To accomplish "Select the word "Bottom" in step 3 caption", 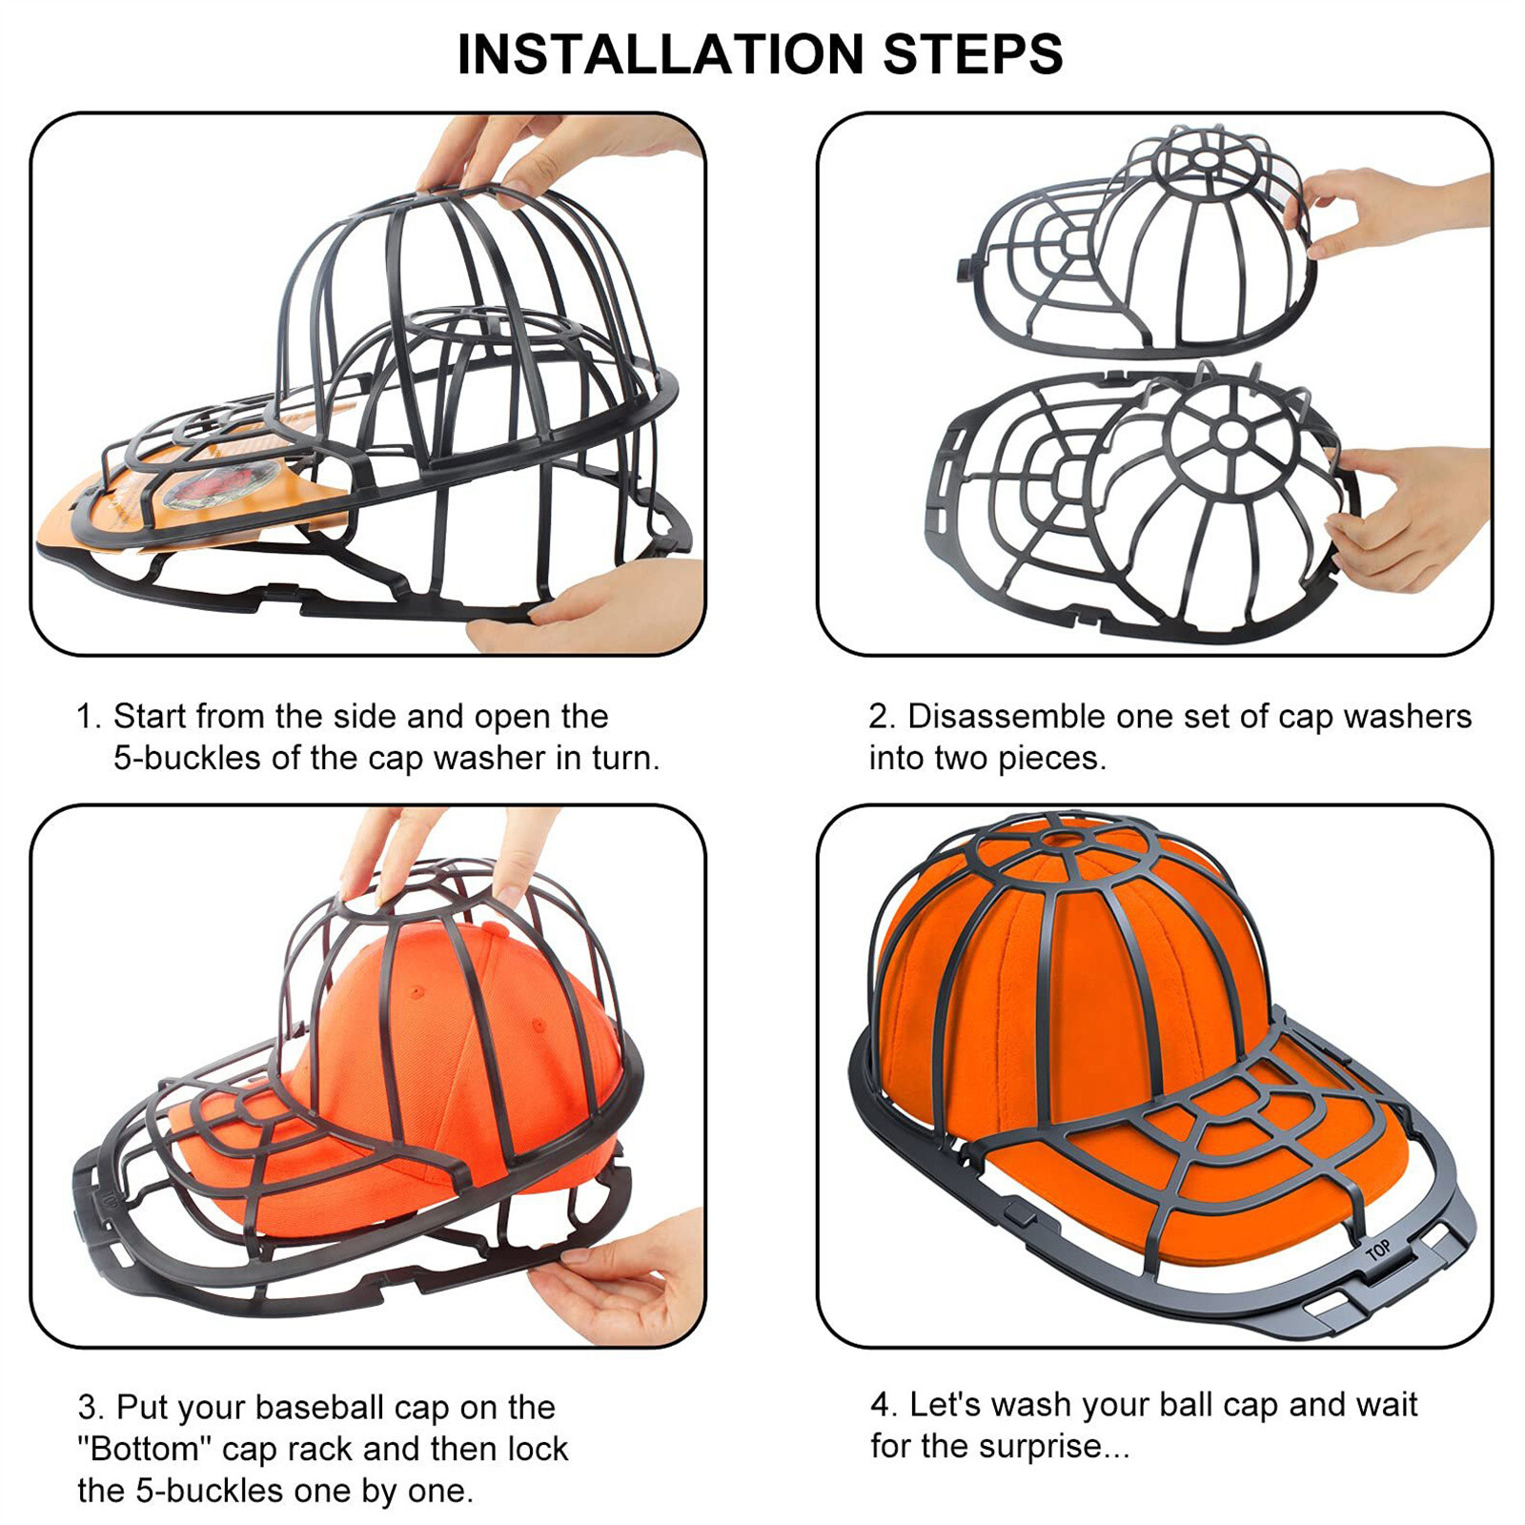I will pyautogui.click(x=144, y=1449).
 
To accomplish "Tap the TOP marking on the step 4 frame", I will pyautogui.click(x=1377, y=1250).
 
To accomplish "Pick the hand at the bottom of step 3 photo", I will pyautogui.click(x=629, y=1277).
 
